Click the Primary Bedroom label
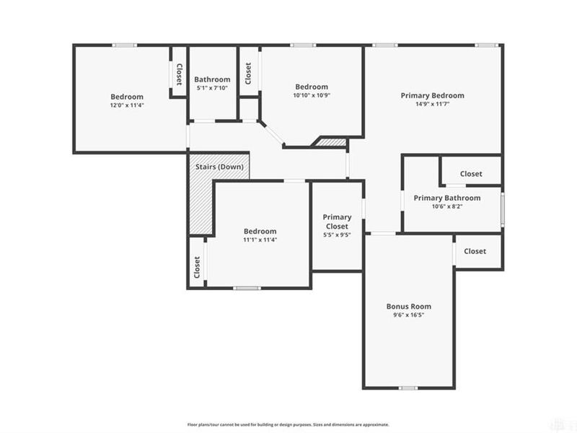click(x=433, y=95)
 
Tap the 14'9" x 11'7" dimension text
click(x=433, y=104)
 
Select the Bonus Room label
click(x=408, y=306)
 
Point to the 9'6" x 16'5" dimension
click(x=408, y=315)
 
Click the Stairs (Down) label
click(x=219, y=167)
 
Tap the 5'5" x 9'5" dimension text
click(x=337, y=235)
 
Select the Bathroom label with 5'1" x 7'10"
click(x=212, y=79)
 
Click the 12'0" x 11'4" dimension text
click(x=127, y=105)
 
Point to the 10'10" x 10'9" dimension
click(x=312, y=95)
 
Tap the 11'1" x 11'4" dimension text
click(x=260, y=240)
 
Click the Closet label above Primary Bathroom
click(x=471, y=174)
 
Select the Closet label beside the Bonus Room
click(x=475, y=251)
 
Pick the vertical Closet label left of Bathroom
click(x=178, y=74)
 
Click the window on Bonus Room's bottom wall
click(x=408, y=388)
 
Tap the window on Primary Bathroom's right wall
click(x=502, y=207)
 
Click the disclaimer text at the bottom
click(x=288, y=424)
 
